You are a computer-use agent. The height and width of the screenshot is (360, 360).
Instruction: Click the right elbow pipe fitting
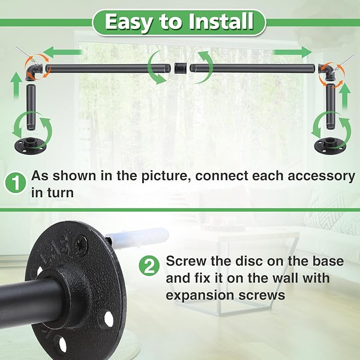[x=329, y=72]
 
